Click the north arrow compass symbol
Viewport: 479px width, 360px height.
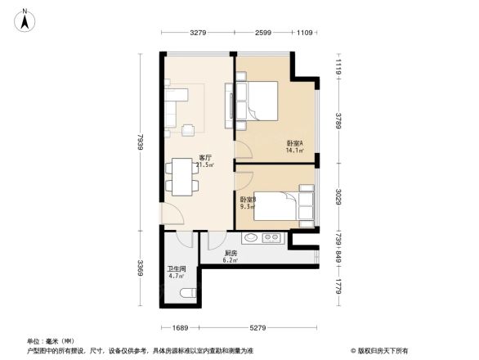coord(26,20)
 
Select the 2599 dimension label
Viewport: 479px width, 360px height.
coord(263,33)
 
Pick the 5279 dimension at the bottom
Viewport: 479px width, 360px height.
coord(260,328)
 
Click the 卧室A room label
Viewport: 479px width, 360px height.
coord(294,144)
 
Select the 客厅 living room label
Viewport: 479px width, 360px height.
coord(206,158)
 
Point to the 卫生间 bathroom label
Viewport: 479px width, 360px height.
coord(177,268)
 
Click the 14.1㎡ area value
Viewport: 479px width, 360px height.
coord(294,151)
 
